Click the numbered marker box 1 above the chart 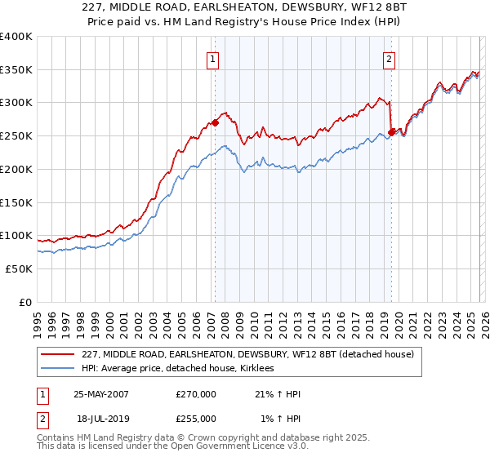212,58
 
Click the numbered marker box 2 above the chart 390,58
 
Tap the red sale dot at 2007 216,122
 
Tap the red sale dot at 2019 391,132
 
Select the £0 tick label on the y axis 24,302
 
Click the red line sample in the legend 57,354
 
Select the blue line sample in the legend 57,369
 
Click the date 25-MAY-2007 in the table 101,394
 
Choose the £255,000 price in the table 196,419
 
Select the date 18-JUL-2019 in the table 101,419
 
